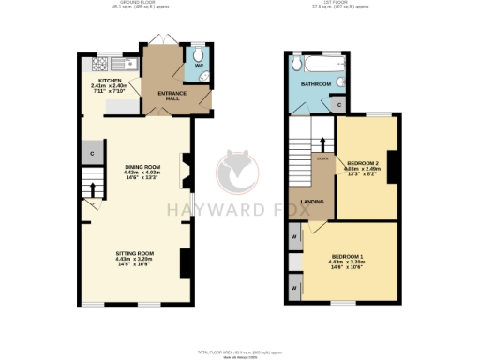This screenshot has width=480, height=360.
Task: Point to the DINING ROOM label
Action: [143, 167]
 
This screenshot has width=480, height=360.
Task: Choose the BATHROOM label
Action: [315, 84]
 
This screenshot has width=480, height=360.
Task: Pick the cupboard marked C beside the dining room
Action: [93, 153]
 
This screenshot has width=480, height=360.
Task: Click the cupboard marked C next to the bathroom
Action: [338, 105]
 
